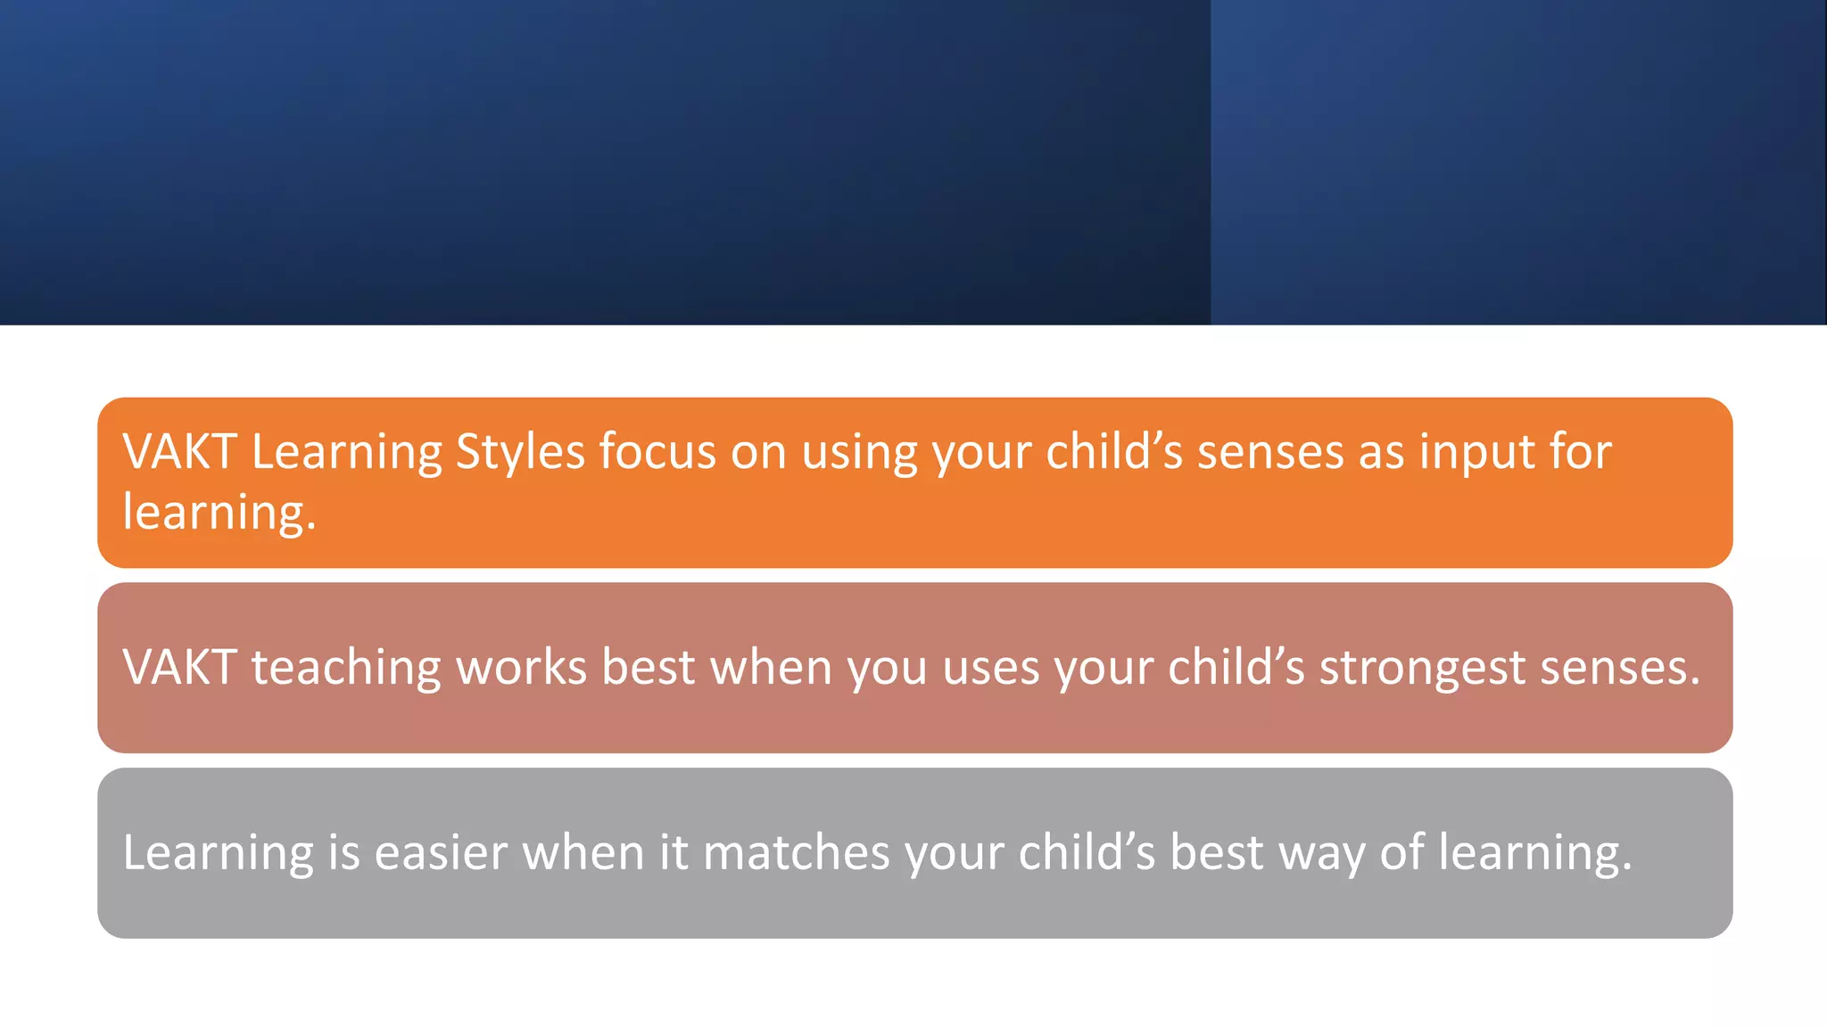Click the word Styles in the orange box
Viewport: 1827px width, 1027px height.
[x=520, y=452]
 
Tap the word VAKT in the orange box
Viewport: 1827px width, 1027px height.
[x=179, y=452]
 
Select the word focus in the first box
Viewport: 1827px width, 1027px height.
[x=657, y=452]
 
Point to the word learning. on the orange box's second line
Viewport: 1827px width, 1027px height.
[x=219, y=513]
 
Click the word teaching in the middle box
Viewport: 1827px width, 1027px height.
[x=346, y=668]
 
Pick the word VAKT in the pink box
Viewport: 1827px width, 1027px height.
[x=179, y=668]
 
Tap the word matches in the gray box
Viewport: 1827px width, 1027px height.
[x=797, y=853]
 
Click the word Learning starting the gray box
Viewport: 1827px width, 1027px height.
[x=218, y=853]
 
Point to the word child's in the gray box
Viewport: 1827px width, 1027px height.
[x=1087, y=853]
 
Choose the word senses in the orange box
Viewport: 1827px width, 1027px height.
[x=1270, y=452]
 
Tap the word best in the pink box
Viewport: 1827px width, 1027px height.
[x=648, y=668]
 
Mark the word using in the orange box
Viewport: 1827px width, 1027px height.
[x=859, y=452]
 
